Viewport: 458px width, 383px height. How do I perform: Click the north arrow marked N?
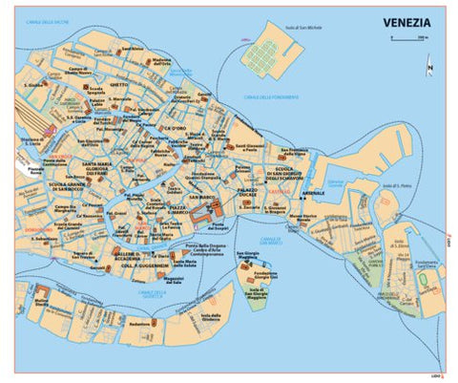pyautogui.click(x=428, y=67)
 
